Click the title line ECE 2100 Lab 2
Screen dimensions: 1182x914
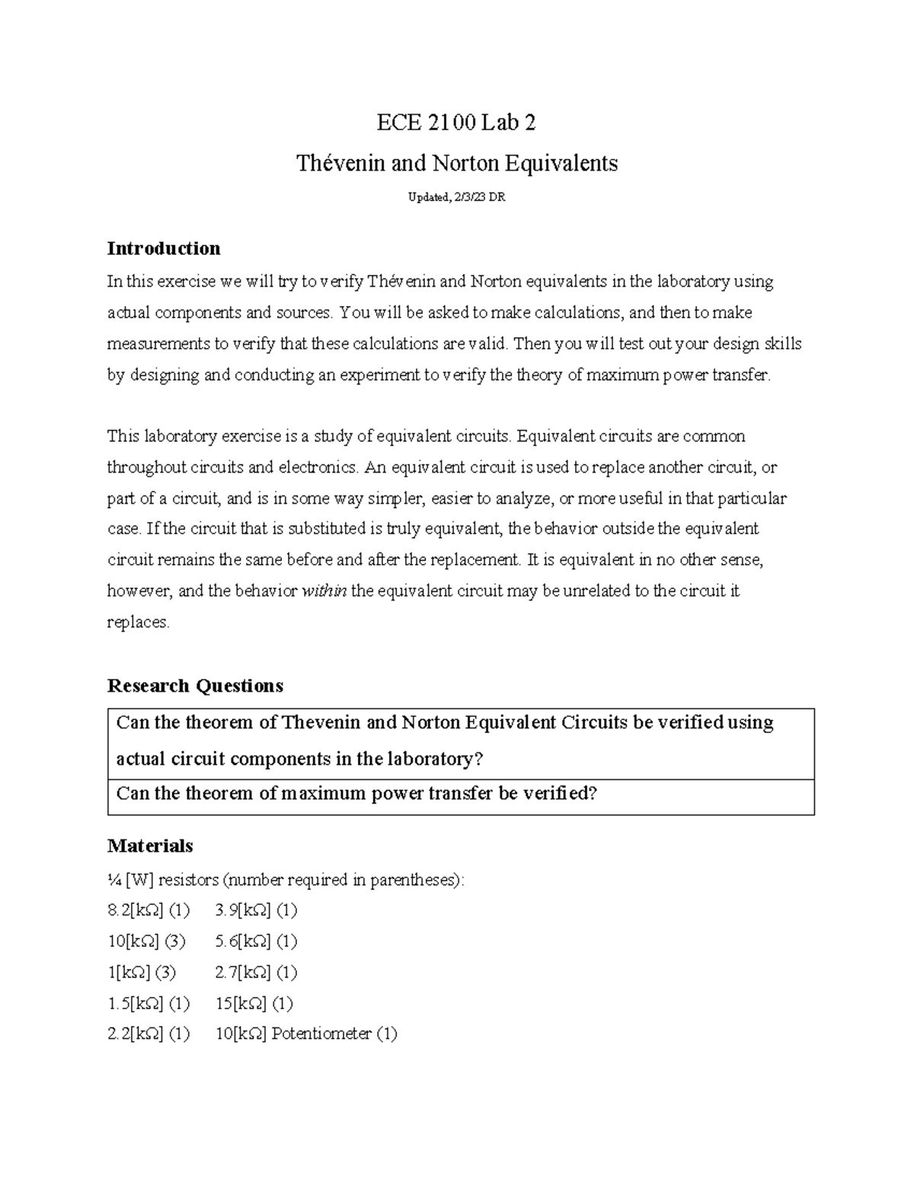tap(456, 123)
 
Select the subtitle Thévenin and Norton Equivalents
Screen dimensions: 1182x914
tap(456, 163)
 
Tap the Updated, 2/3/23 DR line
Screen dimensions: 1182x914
tap(456, 198)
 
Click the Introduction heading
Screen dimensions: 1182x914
tap(164, 248)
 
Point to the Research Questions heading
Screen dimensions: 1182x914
tap(195, 686)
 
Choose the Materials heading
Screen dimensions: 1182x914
tap(150, 846)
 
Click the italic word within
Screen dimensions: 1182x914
tap(324, 591)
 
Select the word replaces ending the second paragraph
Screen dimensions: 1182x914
tap(138, 623)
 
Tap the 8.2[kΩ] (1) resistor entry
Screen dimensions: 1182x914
tap(149, 910)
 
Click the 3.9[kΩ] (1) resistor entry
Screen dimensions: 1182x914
tap(256, 910)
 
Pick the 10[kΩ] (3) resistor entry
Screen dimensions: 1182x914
tap(146, 941)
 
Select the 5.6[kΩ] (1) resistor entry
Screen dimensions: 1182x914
tap(256, 941)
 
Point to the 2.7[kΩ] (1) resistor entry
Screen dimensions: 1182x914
tap(256, 973)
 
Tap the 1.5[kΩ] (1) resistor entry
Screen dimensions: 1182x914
tap(149, 1004)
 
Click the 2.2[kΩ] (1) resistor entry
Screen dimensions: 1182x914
tap(149, 1034)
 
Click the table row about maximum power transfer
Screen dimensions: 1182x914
tap(356, 794)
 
